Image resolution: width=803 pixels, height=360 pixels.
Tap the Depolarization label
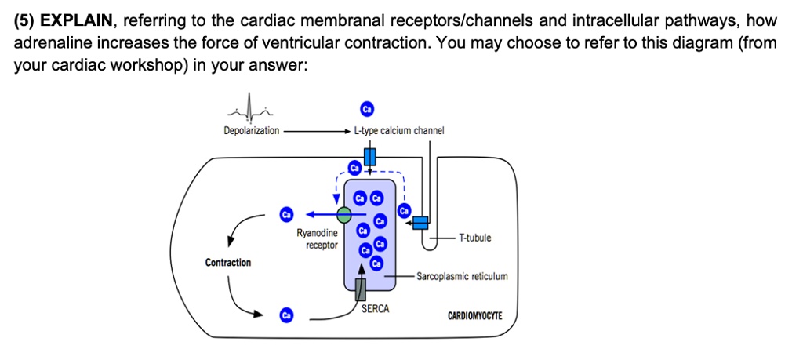click(251, 130)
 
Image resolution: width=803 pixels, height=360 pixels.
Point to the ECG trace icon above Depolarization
click(249, 109)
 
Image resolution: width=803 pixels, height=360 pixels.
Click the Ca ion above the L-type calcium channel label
click(365, 108)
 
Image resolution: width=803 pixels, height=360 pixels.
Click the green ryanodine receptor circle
click(344, 214)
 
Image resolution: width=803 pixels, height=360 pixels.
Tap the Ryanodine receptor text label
click(318, 239)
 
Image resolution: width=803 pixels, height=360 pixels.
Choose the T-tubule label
click(475, 238)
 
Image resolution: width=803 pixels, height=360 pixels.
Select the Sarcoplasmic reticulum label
click(463, 276)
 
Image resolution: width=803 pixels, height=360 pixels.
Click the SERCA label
click(376, 309)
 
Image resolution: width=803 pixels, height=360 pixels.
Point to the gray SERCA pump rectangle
click(360, 289)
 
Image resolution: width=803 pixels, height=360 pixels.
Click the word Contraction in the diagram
click(228, 263)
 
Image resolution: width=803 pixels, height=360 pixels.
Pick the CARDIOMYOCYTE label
click(475, 317)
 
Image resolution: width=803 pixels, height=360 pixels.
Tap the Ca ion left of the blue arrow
click(287, 214)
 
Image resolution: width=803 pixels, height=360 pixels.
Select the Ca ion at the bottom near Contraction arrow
click(287, 315)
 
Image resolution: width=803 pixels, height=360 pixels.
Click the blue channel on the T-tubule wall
click(421, 223)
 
